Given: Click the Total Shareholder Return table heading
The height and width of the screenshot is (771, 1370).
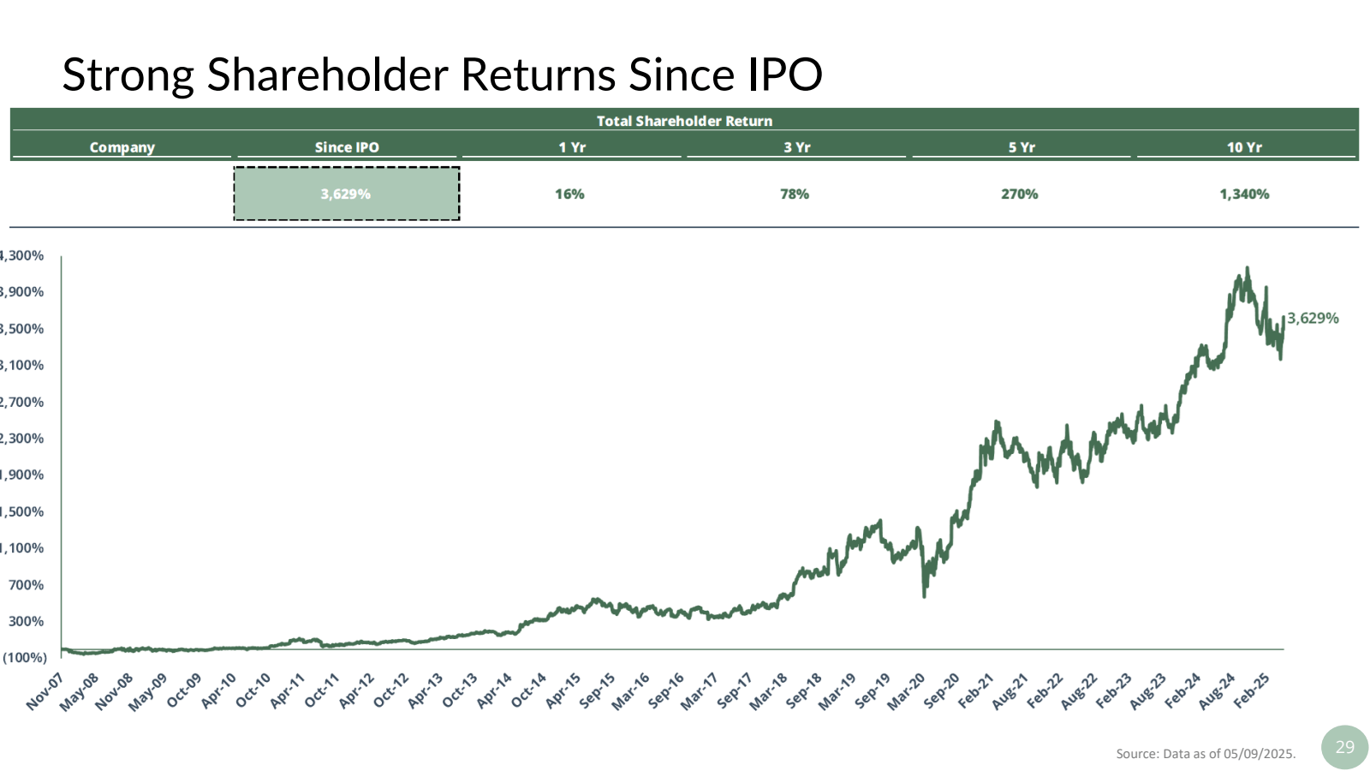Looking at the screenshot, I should point(684,121).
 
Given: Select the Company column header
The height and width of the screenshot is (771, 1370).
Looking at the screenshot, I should point(122,147).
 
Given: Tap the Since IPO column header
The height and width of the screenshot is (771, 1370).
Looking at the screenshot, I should point(347,147).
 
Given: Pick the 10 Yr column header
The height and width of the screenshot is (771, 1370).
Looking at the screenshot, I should point(1244,147).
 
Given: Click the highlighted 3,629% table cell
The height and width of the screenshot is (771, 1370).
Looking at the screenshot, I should point(346,194).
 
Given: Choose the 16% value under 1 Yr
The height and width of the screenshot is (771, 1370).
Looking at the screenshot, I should point(569,194).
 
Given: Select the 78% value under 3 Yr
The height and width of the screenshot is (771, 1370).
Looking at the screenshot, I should point(795,194).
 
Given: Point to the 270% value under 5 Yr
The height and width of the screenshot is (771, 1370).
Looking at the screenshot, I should point(1019,194).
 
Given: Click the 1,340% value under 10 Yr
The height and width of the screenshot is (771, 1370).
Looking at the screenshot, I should point(1244,194).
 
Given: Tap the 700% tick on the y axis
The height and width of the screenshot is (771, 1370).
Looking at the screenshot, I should point(26,585).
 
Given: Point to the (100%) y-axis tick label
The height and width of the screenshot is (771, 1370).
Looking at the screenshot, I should point(24,658).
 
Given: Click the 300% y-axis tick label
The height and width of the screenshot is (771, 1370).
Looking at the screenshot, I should point(26,622).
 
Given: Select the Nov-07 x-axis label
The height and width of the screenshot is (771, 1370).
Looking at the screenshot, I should point(45,691).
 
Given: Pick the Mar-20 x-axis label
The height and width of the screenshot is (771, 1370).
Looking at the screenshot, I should point(906,691).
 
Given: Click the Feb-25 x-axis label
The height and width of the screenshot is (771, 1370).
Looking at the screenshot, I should point(1252,690).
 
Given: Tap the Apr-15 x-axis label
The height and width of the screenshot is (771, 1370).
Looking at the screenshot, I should point(563,691).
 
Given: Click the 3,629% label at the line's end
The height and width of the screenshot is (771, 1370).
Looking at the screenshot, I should point(1313,319).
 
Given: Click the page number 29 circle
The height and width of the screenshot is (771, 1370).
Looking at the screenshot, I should point(1344,747).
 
